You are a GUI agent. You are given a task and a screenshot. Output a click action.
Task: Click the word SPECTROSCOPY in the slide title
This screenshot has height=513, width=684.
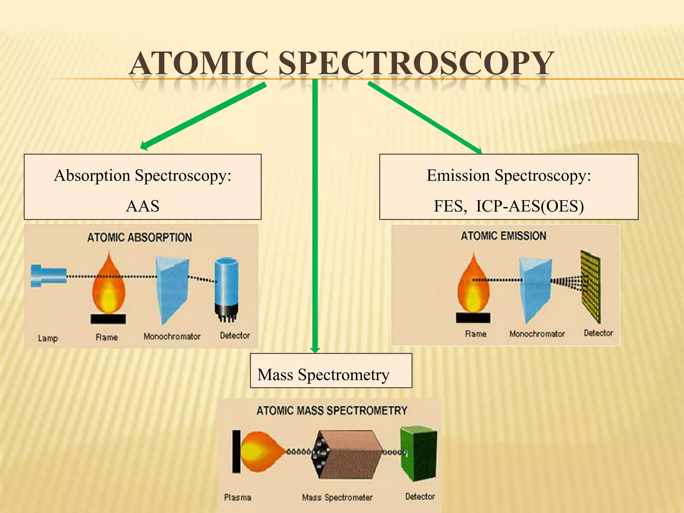[x=416, y=63]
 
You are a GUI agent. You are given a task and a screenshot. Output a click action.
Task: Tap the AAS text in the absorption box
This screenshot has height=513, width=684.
[x=143, y=206]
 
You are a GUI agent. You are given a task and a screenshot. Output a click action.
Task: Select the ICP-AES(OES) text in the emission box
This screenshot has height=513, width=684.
[x=530, y=206]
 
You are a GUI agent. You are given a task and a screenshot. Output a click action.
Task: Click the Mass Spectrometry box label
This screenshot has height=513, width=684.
[x=323, y=374]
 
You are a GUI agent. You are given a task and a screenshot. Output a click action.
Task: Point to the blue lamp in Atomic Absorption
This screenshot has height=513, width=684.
[x=48, y=276]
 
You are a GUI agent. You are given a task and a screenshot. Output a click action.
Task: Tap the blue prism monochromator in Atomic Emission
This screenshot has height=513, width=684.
[x=534, y=289]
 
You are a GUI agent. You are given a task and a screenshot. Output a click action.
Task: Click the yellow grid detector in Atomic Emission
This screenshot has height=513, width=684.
[x=590, y=286]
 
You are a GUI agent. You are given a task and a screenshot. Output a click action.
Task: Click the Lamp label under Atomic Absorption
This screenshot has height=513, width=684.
[x=48, y=338]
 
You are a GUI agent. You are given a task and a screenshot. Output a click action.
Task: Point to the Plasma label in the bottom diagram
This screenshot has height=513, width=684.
[x=237, y=497]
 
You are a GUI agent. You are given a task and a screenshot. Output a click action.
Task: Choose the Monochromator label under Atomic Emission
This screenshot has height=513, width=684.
[x=537, y=334]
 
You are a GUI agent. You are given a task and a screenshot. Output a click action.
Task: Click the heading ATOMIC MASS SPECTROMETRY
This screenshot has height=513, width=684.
[x=332, y=410]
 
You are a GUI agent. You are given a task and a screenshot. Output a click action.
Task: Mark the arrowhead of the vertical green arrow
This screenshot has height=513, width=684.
[x=315, y=349]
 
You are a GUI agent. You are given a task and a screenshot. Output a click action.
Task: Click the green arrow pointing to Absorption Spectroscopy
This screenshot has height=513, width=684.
[x=204, y=115]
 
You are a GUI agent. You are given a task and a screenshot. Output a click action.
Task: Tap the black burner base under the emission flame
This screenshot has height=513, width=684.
[x=473, y=318]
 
